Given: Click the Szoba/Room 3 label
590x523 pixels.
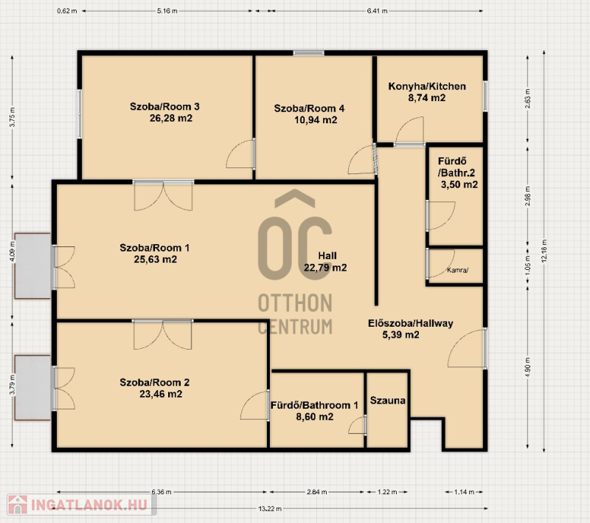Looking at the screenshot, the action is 164,106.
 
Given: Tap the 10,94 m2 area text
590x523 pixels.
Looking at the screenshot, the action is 316,120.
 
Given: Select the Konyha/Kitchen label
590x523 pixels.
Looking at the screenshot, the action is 427,86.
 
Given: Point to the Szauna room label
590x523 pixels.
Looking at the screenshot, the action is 388,401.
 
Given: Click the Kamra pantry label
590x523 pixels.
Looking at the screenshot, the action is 457,270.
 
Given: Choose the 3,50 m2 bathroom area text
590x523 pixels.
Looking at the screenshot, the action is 459,184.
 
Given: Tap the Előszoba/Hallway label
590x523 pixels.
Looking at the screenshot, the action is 411,323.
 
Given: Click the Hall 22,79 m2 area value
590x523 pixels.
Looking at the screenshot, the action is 325,268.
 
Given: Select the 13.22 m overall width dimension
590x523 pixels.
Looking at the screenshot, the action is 270,509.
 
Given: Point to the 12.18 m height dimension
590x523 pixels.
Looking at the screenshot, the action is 544,252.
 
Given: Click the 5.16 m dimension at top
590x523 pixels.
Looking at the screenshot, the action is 167,11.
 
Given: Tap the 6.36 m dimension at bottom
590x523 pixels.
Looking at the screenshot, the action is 162,492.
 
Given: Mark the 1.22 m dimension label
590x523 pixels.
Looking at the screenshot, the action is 388,492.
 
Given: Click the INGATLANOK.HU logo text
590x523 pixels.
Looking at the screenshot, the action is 89,505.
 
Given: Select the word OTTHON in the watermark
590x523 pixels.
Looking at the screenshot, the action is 296,303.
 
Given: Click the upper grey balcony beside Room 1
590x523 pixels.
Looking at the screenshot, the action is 32,266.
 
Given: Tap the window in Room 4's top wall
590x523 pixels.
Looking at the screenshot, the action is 308,52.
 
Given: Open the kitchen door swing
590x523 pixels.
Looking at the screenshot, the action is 410,131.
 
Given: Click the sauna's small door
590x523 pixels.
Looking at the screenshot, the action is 358,425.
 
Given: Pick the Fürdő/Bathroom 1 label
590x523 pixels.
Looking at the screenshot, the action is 315,405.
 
